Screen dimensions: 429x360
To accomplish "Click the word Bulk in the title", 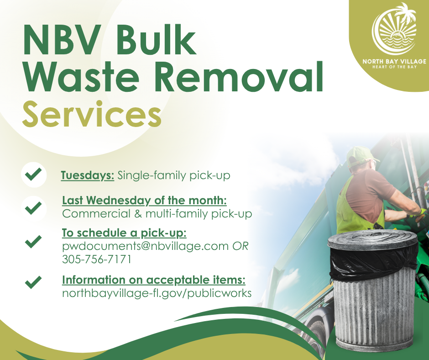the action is [x=156, y=40].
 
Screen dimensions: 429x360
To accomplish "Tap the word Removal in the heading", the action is [x=240, y=76].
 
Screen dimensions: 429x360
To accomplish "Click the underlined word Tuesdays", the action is [x=88, y=175].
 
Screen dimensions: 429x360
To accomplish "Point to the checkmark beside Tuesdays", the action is [x=33, y=174].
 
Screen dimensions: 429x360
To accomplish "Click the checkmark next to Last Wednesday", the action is [x=33, y=208].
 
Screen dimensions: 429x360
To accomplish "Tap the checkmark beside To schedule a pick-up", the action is [x=33, y=242].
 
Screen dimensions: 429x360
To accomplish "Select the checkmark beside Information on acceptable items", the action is [x=33, y=282].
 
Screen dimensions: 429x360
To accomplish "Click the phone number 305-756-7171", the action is [x=97, y=259].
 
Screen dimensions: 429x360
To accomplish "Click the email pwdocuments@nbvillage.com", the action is [x=145, y=246].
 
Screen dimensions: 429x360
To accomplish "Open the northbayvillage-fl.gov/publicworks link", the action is [x=157, y=293].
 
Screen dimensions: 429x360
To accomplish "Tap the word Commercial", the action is [x=96, y=214].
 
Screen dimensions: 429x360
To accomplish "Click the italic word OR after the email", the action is [x=241, y=246].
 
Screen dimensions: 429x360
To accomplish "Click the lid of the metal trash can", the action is [x=372, y=239].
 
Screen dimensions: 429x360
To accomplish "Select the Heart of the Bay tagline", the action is [x=394, y=67].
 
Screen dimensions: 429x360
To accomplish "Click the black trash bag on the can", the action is [x=373, y=262].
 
